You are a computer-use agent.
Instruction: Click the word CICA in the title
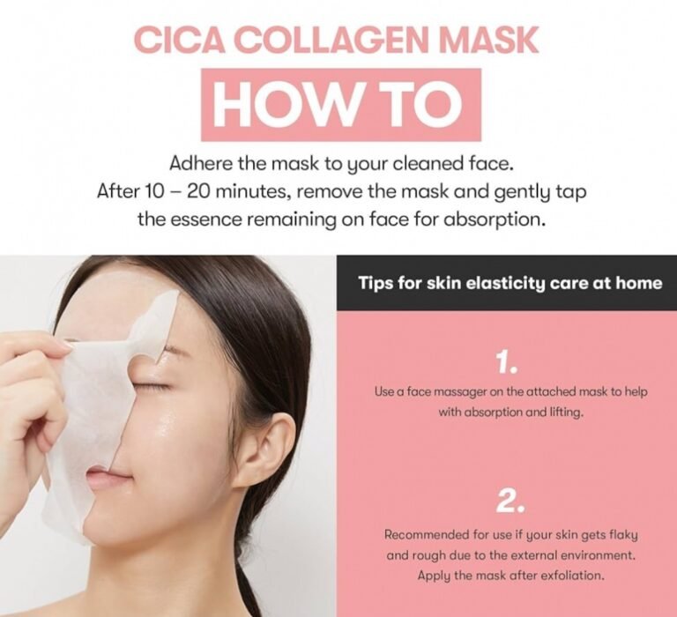[x=181, y=41]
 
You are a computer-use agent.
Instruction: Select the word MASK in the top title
[x=489, y=41]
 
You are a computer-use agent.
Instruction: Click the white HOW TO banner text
[x=340, y=105]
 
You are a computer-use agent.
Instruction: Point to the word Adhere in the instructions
[x=201, y=164]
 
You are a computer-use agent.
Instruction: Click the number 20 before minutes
[x=198, y=191]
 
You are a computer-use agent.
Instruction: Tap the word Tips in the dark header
[x=375, y=283]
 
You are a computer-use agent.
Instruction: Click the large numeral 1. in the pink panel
[x=506, y=361]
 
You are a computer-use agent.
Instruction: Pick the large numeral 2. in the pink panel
[x=510, y=501]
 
